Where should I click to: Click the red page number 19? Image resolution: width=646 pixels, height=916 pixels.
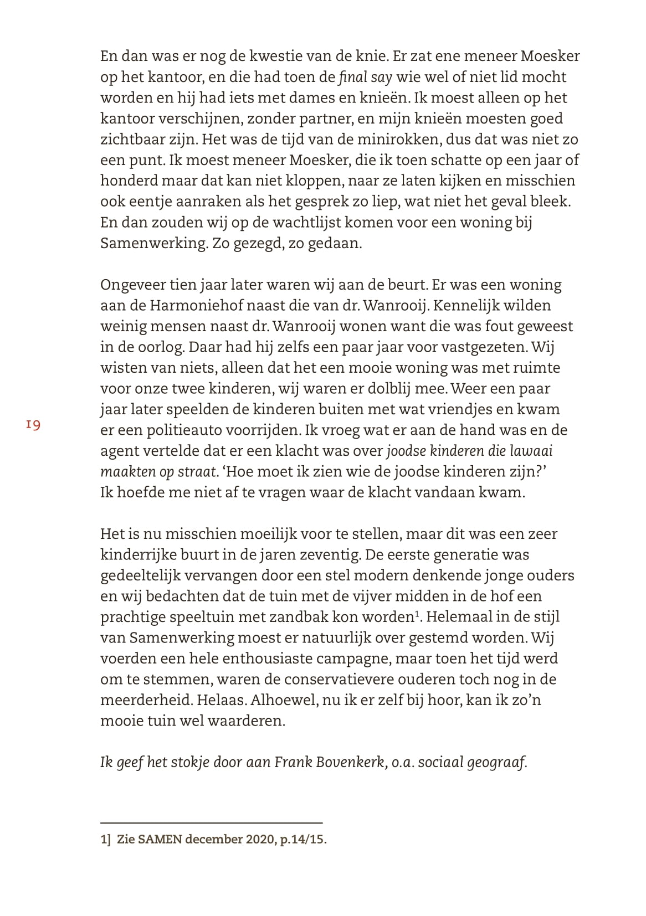(33, 425)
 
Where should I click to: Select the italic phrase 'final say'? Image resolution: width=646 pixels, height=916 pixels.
(365, 77)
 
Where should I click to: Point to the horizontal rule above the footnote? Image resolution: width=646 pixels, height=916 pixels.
(211, 823)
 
